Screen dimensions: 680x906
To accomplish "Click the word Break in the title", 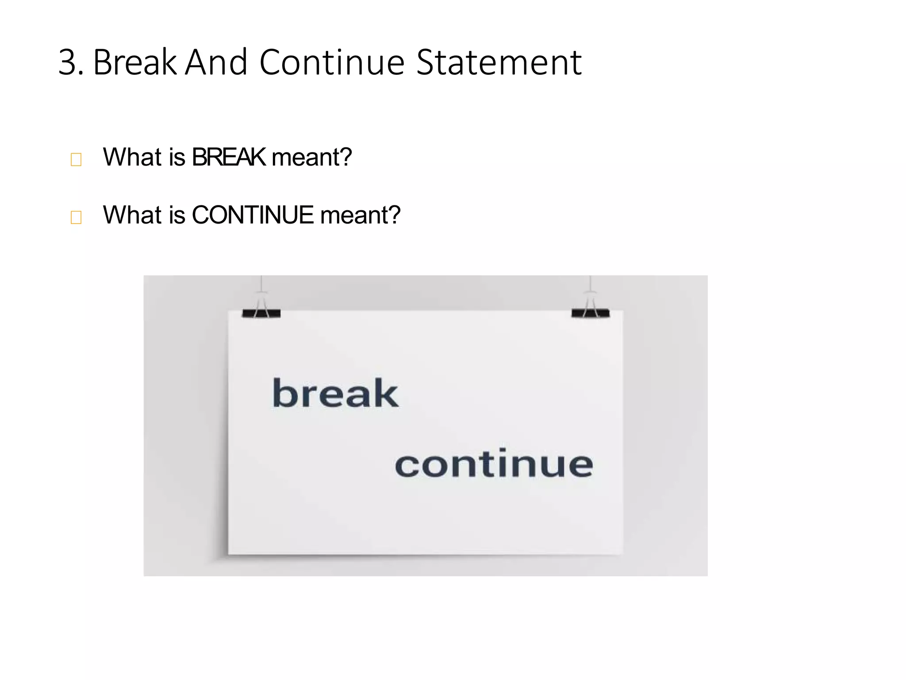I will click(x=135, y=62).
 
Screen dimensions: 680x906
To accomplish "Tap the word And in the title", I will click(x=216, y=62).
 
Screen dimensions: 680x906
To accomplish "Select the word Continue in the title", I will click(x=332, y=62).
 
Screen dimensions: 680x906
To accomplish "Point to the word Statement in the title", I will click(x=499, y=63).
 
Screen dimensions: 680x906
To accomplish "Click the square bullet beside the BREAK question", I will click(x=76, y=159).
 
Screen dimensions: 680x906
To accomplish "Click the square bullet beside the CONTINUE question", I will click(x=76, y=217).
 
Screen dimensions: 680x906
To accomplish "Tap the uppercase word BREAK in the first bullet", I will click(x=229, y=157).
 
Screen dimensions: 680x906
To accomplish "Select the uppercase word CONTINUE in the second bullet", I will click(x=253, y=215).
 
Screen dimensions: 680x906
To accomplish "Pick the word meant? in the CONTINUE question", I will click(x=360, y=215).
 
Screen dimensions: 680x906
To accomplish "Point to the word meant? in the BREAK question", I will click(x=312, y=157).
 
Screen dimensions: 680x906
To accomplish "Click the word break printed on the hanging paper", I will click(x=335, y=393).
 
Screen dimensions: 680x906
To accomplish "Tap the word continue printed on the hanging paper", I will click(x=494, y=463).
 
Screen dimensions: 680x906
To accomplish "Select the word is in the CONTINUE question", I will click(x=177, y=215).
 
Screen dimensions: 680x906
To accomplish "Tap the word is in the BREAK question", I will click(x=177, y=157).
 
